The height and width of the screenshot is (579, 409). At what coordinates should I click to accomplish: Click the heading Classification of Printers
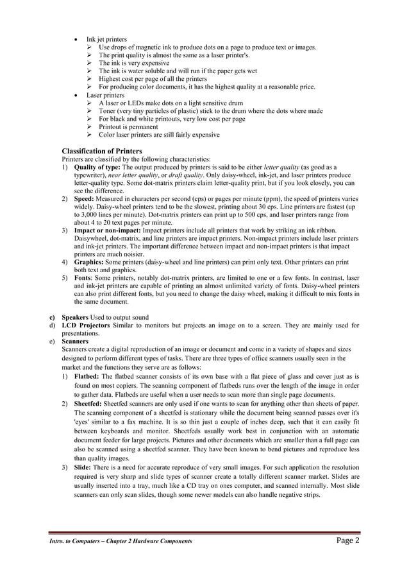[106, 151]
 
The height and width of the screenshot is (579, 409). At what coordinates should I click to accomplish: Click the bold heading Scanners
[76, 342]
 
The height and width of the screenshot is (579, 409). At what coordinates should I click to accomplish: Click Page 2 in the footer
[345, 540]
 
